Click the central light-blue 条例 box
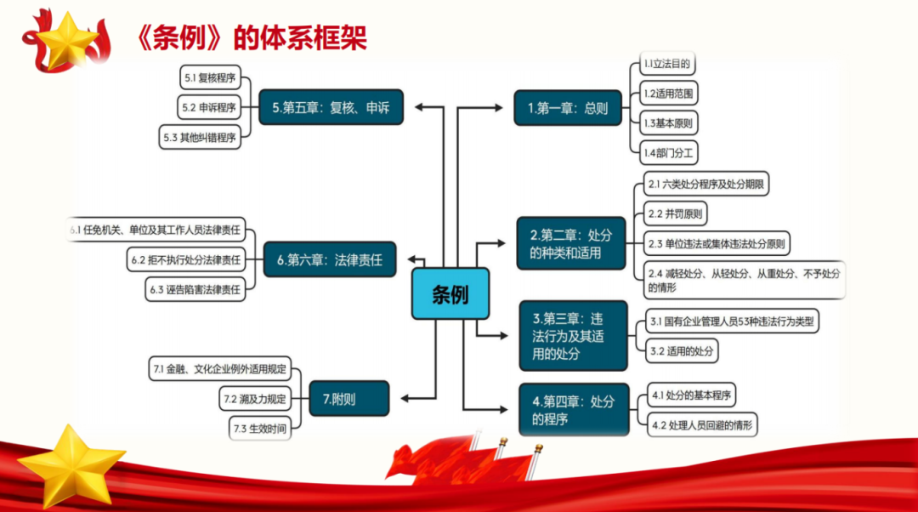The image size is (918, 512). pyautogui.click(x=450, y=293)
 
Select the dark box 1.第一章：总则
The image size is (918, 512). pyautogui.click(x=567, y=108)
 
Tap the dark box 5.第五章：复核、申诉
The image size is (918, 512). pyautogui.click(x=331, y=107)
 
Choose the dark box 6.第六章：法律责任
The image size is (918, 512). pyautogui.click(x=330, y=259)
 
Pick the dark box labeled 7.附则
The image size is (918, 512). pyautogui.click(x=349, y=398)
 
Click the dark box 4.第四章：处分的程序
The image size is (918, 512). pyautogui.click(x=574, y=409)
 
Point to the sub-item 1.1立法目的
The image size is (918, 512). pyautogui.click(x=667, y=64)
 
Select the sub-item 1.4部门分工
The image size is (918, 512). pyautogui.click(x=668, y=153)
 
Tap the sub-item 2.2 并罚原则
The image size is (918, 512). pyautogui.click(x=675, y=213)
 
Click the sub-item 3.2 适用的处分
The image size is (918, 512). pyautogui.click(x=682, y=351)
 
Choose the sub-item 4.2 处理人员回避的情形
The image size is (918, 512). pyautogui.click(x=702, y=424)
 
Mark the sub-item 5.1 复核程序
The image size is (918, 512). pyautogui.click(x=210, y=77)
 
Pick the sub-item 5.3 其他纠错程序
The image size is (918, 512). pyautogui.click(x=200, y=137)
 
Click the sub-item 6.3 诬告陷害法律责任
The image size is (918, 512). pyautogui.click(x=195, y=289)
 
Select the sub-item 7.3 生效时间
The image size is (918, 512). pyautogui.click(x=260, y=429)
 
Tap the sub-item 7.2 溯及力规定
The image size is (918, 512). pyautogui.click(x=255, y=399)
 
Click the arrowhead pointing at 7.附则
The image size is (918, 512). pyautogui.click(x=405, y=398)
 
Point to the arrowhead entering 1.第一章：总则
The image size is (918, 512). pyautogui.click(x=498, y=108)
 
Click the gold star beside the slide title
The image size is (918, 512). pyautogui.click(x=66, y=41)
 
